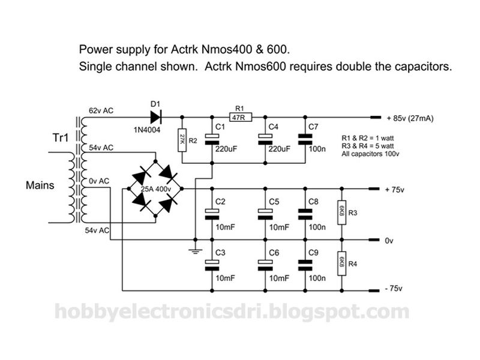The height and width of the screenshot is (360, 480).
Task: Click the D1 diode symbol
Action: [156, 117]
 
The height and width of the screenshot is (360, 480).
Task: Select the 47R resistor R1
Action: [241, 117]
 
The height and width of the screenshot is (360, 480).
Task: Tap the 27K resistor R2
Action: [182, 140]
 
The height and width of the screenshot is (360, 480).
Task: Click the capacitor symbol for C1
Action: [212, 139]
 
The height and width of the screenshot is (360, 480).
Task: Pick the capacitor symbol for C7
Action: [305, 139]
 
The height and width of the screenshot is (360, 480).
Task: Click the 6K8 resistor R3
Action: [342, 212]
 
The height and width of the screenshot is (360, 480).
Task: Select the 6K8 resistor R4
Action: [342, 263]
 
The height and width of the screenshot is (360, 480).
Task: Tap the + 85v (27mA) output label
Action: [410, 118]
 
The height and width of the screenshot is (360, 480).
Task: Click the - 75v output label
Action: [394, 289]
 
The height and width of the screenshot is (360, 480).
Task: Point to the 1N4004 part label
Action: [147, 130]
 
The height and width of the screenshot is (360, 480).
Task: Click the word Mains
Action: [40, 185]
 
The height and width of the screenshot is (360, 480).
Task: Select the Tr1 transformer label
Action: [61, 138]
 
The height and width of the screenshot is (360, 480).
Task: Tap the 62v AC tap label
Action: [101, 110]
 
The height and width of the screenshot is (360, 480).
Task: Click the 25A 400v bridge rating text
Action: [156, 189]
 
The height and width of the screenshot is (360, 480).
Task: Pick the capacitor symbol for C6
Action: [265, 265]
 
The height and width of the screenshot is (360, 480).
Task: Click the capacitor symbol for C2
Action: [212, 214]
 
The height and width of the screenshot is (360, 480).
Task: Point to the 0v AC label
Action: [99, 181]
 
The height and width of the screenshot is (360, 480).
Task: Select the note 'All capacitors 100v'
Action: [370, 154]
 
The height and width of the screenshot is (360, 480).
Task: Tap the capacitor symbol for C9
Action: [305, 265]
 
